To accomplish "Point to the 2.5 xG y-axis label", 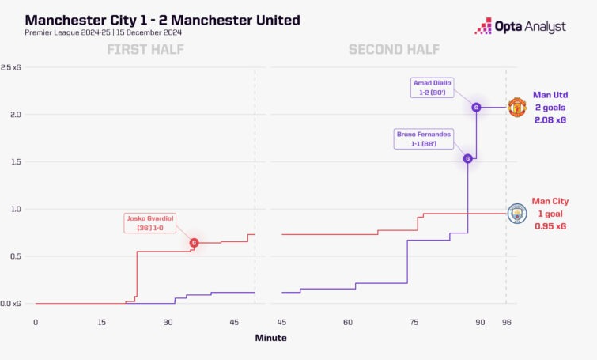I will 11,67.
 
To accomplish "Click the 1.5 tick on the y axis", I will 11,161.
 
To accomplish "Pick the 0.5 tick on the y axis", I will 11,256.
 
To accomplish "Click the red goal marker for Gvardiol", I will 194,243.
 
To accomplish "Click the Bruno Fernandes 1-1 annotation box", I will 425,138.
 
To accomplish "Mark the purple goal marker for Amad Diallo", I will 476,107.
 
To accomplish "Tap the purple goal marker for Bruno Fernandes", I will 467,158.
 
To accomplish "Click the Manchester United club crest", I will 516,107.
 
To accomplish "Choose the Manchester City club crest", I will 516,213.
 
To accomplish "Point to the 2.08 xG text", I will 551,119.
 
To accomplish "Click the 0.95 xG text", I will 550,226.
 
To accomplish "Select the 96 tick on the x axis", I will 506,322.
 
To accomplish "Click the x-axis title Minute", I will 270,338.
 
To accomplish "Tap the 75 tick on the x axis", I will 414,322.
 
